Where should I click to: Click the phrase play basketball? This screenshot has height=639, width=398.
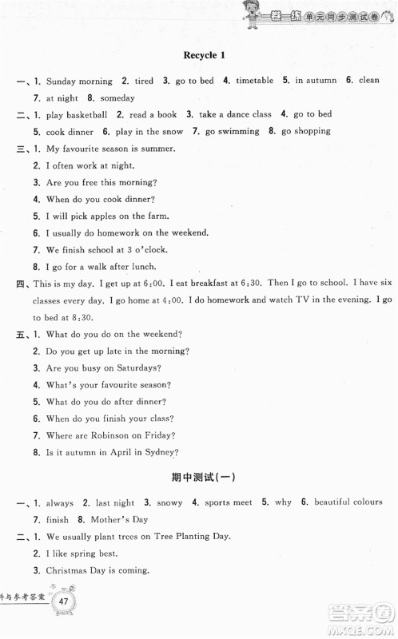coord(78,114)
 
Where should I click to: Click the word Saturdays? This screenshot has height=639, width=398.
coord(138,367)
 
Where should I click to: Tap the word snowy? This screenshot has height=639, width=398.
coord(169,502)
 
